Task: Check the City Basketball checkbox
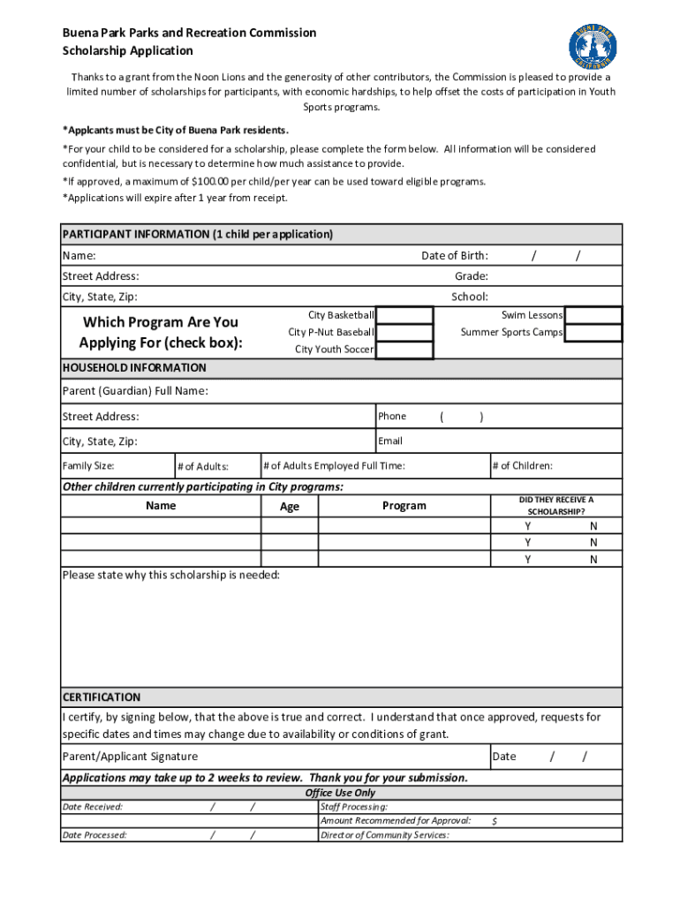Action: coord(404,316)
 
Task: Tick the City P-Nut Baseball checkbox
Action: coord(404,333)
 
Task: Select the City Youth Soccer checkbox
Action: coord(404,350)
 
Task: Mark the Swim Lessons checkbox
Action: coord(593,316)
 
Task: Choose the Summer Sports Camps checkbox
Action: coord(593,333)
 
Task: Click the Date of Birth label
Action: coord(454,256)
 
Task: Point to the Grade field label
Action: coord(471,276)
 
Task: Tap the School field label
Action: coord(469,297)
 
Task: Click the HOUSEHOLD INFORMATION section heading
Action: coord(134,368)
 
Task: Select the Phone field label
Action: coord(392,417)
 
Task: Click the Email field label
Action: coord(390,441)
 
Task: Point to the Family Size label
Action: coord(87,466)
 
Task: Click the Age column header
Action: coord(289,507)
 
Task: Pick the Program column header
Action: coord(404,506)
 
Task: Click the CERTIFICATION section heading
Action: coord(101,697)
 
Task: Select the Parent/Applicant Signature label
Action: coord(130,757)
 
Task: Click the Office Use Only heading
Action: coord(340,793)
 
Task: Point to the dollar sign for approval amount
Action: coord(495,821)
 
